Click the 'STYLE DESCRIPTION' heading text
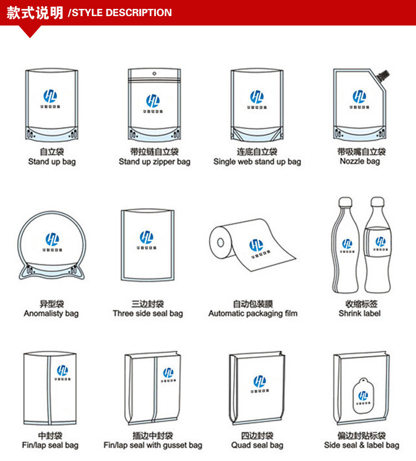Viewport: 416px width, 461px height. [120, 13]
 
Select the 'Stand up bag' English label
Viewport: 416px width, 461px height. [52, 162]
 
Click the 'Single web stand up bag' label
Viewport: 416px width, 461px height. [257, 162]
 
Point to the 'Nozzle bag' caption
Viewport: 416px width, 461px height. [360, 161]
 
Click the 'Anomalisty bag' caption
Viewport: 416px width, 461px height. [51, 314]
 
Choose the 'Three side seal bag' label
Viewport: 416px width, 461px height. [148, 314]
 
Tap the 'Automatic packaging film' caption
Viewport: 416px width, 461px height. [253, 314]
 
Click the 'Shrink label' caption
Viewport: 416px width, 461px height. [359, 314]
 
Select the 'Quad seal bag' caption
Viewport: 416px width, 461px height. [257, 445]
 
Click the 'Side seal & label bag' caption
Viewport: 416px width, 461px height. [362, 445]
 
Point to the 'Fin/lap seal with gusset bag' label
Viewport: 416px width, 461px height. [153, 445]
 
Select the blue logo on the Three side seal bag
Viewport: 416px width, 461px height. [146, 237]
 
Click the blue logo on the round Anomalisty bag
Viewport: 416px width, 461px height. [52, 239]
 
